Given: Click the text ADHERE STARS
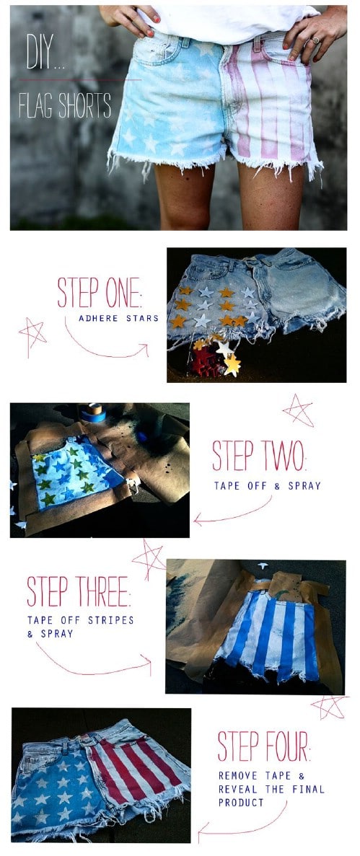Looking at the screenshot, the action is click(x=118, y=318).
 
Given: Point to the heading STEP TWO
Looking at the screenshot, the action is click(x=259, y=456).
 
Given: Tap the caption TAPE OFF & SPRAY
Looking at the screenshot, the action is click(x=267, y=485).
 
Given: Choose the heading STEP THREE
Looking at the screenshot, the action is click(x=79, y=591).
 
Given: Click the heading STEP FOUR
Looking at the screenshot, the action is click(x=264, y=746).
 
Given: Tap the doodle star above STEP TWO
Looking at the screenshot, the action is click(x=298, y=410).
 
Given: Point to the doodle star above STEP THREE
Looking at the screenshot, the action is click(x=149, y=559).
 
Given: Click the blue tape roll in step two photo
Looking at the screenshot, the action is click(x=92, y=412).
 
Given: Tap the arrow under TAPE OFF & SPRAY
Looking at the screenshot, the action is click(x=232, y=514).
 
